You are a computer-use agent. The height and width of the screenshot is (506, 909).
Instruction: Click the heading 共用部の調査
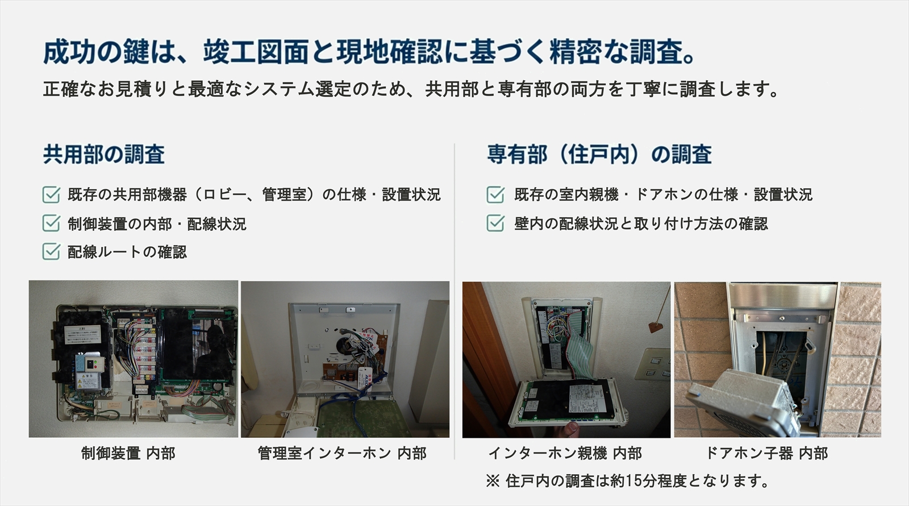click(104, 155)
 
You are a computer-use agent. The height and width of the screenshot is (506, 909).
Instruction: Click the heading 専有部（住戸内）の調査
click(599, 155)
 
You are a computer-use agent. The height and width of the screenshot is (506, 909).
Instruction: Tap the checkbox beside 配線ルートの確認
click(51, 252)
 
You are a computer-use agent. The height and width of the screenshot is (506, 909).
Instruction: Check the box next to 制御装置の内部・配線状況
click(51, 223)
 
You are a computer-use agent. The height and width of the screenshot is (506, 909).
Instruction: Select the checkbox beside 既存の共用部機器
click(51, 195)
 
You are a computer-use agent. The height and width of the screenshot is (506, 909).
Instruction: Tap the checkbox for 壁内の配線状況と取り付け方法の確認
click(495, 223)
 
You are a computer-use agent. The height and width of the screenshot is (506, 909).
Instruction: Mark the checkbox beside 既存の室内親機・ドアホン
click(495, 195)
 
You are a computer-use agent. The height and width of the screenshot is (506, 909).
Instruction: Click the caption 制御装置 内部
click(128, 453)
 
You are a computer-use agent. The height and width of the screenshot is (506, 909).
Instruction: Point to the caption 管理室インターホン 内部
click(342, 453)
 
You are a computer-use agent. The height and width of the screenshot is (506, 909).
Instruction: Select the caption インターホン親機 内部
click(565, 453)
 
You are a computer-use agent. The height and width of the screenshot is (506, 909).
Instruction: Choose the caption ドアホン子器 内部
click(766, 453)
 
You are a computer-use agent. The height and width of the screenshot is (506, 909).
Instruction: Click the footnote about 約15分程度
click(628, 481)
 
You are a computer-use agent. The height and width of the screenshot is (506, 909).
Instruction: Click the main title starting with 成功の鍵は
click(369, 52)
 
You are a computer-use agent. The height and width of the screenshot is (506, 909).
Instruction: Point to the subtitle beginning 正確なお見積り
click(411, 89)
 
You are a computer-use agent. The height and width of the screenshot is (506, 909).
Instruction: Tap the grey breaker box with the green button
click(90, 370)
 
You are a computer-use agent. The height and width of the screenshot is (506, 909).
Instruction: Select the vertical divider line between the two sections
click(454, 301)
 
